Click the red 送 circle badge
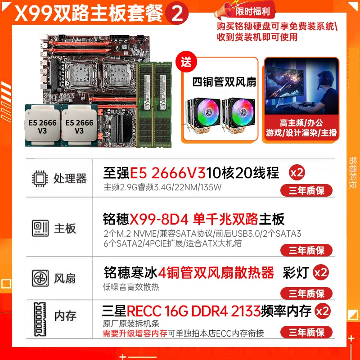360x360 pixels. pyautogui.click(x=186, y=62)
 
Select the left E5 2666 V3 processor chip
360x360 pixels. pyautogui.click(x=43, y=126)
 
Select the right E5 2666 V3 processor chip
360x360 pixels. pyautogui.click(x=80, y=126)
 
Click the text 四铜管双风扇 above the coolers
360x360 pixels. pyautogui.click(x=224, y=82)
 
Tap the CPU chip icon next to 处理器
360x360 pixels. pyautogui.click(x=40, y=178)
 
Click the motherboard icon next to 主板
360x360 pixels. pyautogui.click(x=40, y=228)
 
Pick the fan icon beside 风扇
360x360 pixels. pyautogui.click(x=40, y=278)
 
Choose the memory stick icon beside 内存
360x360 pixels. pyautogui.click(x=40, y=319)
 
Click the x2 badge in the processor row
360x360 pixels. pyautogui.click(x=297, y=173)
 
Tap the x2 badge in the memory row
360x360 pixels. pyautogui.click(x=323, y=311)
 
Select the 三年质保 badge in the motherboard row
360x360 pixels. pyautogui.click(x=306, y=250)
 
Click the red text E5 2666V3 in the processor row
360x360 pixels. pyautogui.click(x=167, y=173)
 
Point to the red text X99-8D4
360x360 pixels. pyautogui.click(x=159, y=219)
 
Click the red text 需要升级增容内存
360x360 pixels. pyautogui.click(x=135, y=333)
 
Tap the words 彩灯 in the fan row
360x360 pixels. pyautogui.click(x=296, y=273)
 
